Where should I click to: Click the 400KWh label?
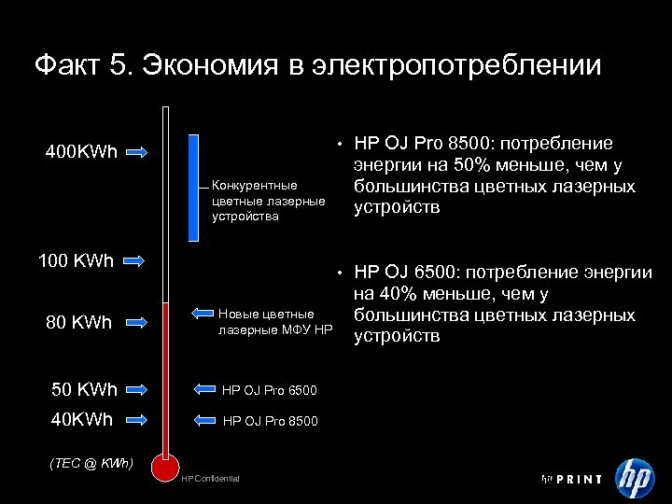(82, 152)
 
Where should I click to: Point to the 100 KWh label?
(76, 259)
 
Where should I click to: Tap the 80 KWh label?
(79, 323)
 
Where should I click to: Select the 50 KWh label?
(84, 388)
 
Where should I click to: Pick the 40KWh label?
(82, 420)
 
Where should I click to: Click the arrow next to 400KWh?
(136, 152)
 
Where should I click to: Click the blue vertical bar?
(193, 187)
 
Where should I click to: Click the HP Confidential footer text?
(210, 479)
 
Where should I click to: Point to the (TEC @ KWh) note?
(91, 463)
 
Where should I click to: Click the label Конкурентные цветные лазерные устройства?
(269, 201)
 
